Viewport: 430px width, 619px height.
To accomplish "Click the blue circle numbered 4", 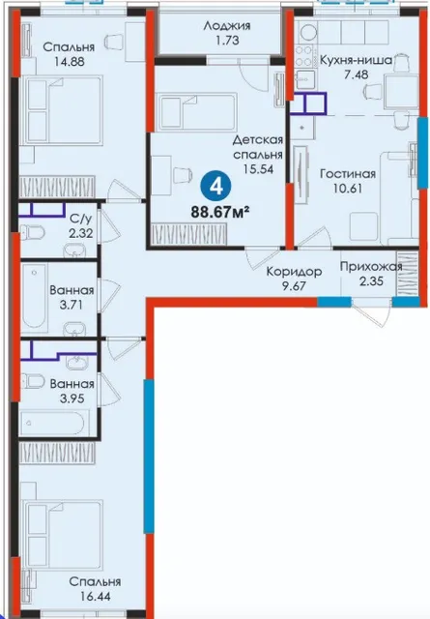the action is (x=217, y=187).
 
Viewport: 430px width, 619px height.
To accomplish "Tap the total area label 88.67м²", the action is (x=221, y=213).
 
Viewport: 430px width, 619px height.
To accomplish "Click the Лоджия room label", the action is (x=227, y=26).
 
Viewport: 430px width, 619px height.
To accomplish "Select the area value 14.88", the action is (x=69, y=62).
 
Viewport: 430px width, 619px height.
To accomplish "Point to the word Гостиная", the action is (x=348, y=174).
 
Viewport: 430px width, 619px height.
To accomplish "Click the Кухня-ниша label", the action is (x=356, y=60).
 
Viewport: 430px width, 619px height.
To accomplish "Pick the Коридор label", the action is (x=295, y=272).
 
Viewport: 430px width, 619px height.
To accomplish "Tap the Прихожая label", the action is (x=371, y=267).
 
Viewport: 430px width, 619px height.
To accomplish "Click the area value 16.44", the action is (x=95, y=596).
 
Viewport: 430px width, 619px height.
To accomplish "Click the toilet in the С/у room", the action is (x=32, y=232).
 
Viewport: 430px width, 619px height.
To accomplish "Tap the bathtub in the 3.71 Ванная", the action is (x=35, y=296).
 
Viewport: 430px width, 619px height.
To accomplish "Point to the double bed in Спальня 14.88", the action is (x=62, y=109).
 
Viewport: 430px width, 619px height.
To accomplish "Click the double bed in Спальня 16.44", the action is (x=62, y=535).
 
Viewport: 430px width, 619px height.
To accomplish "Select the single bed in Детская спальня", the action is (x=196, y=112).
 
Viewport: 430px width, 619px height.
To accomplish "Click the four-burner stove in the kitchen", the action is (x=304, y=56).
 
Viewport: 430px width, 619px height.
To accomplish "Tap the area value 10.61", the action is (x=348, y=189).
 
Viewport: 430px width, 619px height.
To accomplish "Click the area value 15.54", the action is (x=258, y=169).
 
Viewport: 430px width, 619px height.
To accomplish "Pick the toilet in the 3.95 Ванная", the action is (x=32, y=382).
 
